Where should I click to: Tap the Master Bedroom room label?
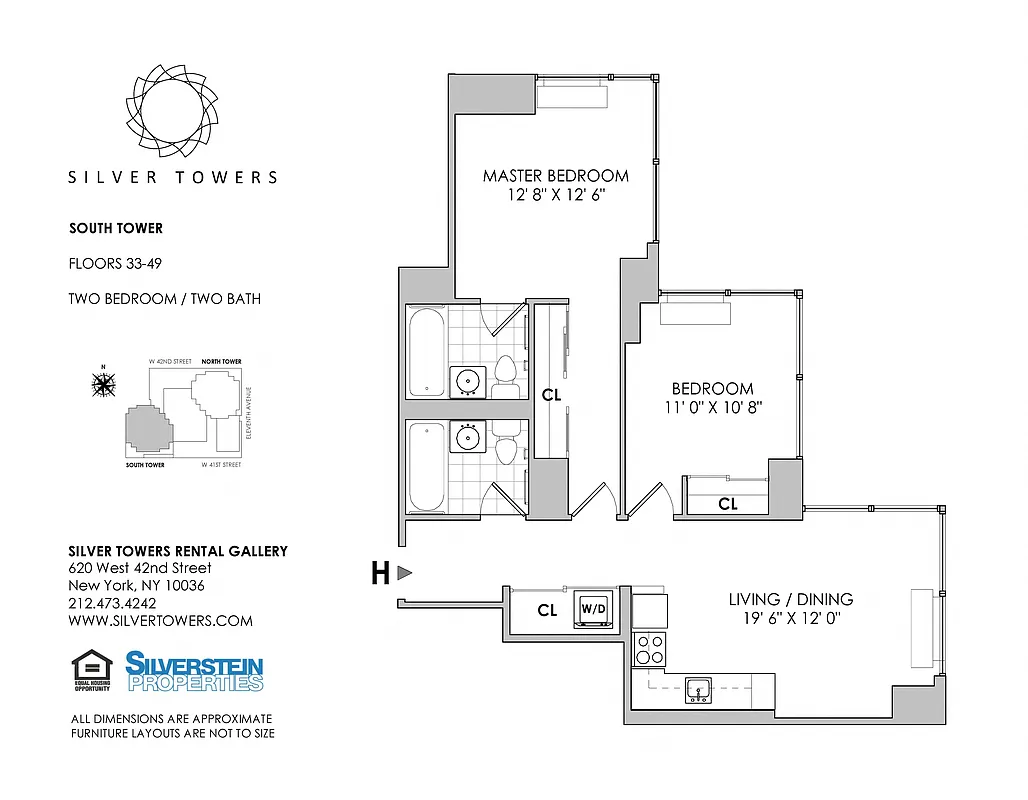(555, 176)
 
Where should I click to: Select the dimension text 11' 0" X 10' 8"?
(712, 407)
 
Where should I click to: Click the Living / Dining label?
(790, 599)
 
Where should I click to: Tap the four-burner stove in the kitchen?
(650, 649)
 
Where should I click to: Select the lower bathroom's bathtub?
(425, 466)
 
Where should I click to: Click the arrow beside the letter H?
(405, 573)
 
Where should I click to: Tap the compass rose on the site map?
(103, 383)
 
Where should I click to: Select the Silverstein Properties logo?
(194, 671)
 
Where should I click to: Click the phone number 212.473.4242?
(112, 603)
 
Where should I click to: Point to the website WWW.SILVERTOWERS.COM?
(160, 621)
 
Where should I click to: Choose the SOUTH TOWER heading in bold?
(115, 228)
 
